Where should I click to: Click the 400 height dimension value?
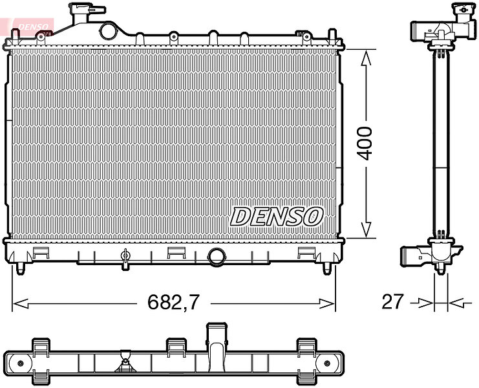(365, 144)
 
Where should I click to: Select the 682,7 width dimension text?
(173, 302)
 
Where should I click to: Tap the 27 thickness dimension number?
(392, 301)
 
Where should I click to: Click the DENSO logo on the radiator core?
(277, 216)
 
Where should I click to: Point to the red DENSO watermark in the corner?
(33, 27)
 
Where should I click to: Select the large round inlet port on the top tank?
(108, 31)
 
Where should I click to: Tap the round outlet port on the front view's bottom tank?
(217, 257)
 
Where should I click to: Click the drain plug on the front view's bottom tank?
(125, 259)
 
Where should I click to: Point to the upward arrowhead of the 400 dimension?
(366, 58)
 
